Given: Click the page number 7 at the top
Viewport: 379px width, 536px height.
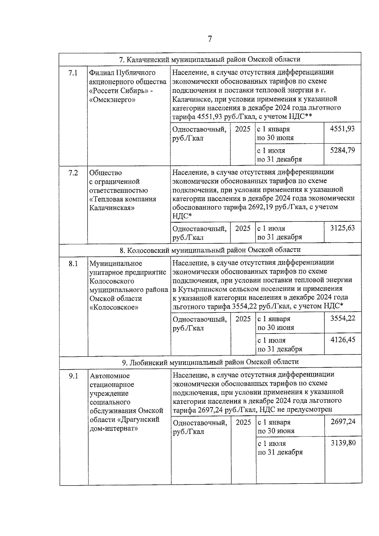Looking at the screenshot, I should click(210, 39).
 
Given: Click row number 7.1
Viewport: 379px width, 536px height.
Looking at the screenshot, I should click(73, 73).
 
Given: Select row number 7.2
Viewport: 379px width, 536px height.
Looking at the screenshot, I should click(73, 173).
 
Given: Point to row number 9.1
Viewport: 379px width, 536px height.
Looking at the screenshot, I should click(74, 376).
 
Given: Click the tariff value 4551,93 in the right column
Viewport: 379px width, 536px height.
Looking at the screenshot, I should click(342, 129).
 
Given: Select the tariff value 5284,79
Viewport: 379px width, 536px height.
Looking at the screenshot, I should click(342, 150).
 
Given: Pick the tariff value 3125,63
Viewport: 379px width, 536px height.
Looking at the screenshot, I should click(342, 228).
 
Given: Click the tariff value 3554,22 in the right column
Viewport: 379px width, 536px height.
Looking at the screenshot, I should click(343, 318).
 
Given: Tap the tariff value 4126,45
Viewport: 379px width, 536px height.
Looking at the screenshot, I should click(343, 340).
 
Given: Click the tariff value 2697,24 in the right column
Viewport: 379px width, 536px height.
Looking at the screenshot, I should click(343, 422).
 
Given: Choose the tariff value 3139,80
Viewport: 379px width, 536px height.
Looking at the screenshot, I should click(343, 443).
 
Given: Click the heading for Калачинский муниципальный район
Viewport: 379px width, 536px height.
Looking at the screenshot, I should click(210, 59).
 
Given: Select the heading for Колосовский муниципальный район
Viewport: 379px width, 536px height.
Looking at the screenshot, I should click(210, 250).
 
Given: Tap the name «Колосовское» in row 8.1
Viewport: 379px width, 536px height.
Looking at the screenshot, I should click(114, 307).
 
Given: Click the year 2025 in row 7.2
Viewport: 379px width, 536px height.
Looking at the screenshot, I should click(243, 228).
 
